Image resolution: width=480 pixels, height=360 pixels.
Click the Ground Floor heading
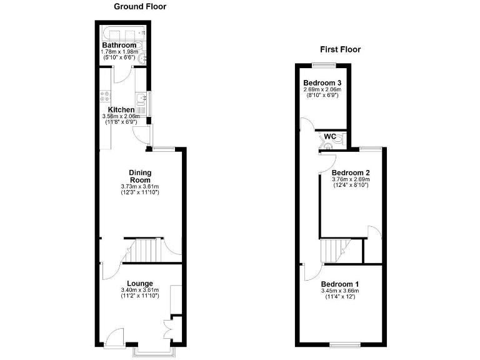[140, 7]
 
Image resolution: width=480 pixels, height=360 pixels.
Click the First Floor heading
[340, 49]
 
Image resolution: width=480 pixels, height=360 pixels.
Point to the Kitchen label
[121, 110]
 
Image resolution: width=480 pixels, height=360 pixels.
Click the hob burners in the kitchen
[104, 97]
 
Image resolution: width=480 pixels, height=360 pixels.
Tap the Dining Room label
[140, 176]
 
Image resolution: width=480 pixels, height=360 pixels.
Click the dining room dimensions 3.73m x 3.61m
[140, 187]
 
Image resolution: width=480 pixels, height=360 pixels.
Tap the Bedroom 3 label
[322, 83]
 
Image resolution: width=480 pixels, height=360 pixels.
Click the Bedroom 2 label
[351, 173]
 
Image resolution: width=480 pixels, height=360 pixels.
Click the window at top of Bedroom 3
[323, 65]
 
